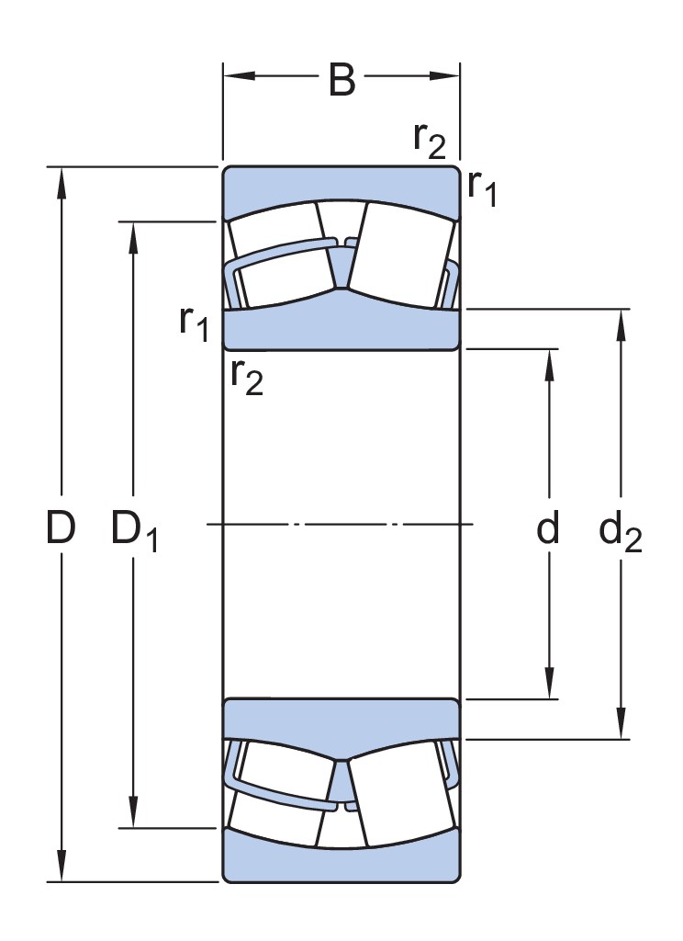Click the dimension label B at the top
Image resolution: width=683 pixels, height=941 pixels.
click(341, 81)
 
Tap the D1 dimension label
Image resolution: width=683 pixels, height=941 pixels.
click(135, 531)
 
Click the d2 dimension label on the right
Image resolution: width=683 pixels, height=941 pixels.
click(621, 532)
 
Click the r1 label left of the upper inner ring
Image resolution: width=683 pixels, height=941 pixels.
click(195, 323)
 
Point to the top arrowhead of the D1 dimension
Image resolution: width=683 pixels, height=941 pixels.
click(134, 235)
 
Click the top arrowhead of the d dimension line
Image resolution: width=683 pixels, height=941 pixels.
click(549, 364)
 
